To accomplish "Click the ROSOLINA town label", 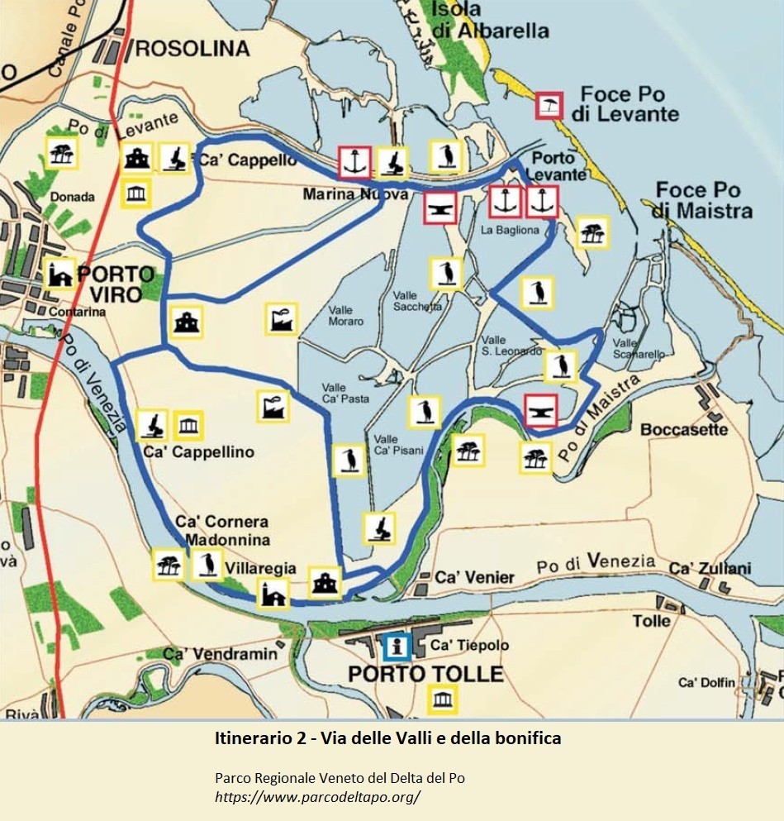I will tap(191, 49).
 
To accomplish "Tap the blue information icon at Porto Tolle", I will tap(397, 647).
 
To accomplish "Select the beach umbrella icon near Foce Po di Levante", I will tap(549, 105).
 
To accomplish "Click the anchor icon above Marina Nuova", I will tap(354, 162).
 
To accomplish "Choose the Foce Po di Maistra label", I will tap(704, 201).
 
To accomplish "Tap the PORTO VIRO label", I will tap(115, 283).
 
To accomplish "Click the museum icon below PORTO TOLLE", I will tap(440, 701).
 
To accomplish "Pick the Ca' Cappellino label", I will tap(198, 452).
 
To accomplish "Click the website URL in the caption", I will tap(317, 797).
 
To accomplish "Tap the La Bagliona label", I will tap(510, 230).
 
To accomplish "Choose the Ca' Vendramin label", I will tap(220, 654).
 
